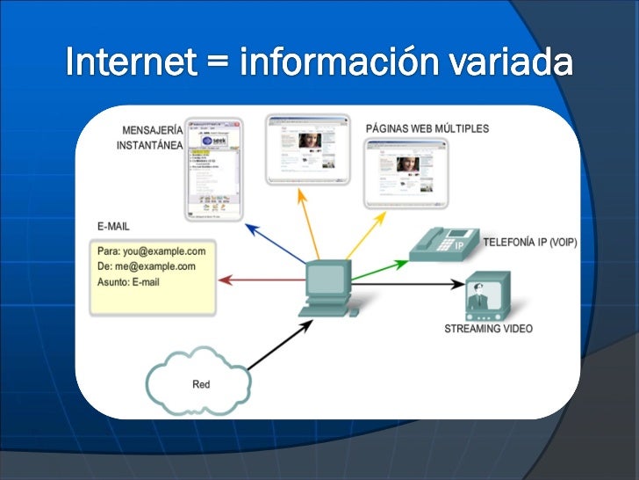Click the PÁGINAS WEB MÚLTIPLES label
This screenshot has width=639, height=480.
pos(427,129)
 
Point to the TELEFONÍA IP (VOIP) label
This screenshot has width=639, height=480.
pos(530,242)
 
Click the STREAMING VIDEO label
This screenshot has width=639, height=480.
pos(488,329)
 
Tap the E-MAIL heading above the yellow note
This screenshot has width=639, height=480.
pos(113,226)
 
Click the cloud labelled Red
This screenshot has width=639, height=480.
pos(201,384)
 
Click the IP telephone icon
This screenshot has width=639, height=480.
pos(444,243)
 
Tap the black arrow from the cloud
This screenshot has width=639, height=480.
pos(280,342)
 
